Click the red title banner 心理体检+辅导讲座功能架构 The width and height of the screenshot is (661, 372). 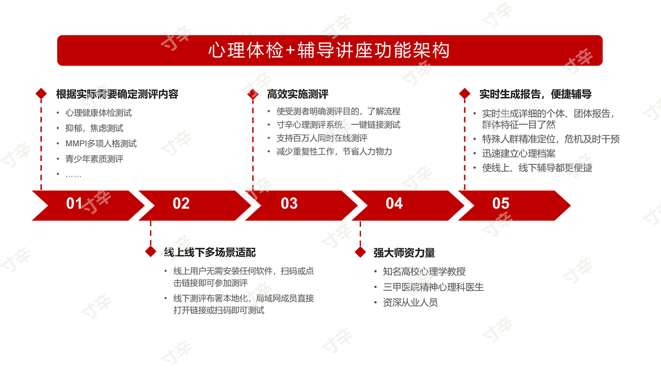click(x=330, y=50)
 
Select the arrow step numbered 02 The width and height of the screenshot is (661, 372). click(x=194, y=205)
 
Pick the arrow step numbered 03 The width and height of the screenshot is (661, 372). click(x=301, y=205)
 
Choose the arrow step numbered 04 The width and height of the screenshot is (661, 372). click(x=407, y=205)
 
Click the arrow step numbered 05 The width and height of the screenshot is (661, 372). click(x=514, y=205)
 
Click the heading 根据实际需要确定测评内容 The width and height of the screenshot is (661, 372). click(x=117, y=94)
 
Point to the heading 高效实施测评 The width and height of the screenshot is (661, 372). click(x=297, y=94)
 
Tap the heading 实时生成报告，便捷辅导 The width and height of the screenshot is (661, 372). click(x=535, y=94)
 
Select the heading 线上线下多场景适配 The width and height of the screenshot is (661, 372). click(x=210, y=252)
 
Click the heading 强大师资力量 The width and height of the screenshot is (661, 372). click(x=404, y=253)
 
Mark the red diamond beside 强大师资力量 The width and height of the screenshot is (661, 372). click(x=360, y=252)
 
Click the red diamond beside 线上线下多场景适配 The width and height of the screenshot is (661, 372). click(x=151, y=252)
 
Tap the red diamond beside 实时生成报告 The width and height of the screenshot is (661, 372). click(x=464, y=94)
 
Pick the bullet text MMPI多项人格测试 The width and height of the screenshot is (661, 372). click(x=101, y=144)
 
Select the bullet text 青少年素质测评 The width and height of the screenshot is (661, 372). click(x=95, y=159)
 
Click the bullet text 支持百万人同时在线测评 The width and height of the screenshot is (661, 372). click(x=322, y=138)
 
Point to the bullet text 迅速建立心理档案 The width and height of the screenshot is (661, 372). click(x=519, y=154)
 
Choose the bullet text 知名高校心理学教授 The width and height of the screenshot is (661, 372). click(x=424, y=272)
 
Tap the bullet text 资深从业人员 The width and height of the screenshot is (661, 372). click(x=410, y=303)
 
